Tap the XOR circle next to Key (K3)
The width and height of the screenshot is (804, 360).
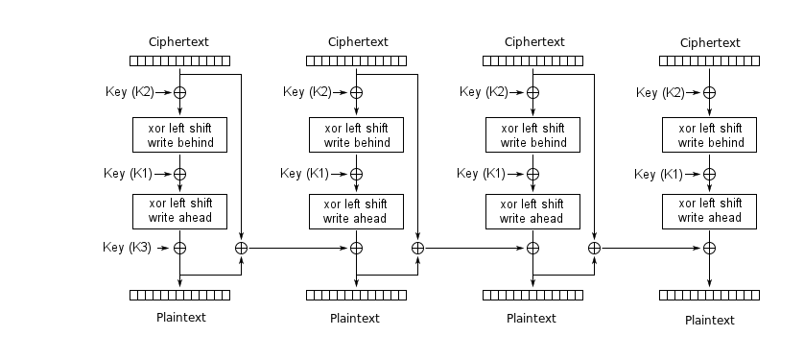point(179,247)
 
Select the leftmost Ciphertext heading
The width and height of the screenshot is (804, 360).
point(178,42)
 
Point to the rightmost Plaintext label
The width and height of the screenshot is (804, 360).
point(709,321)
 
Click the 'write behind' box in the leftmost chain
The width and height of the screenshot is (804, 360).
point(179,135)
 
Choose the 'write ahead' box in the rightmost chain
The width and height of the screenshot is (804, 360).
point(709,210)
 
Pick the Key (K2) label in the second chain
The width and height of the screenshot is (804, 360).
point(306,92)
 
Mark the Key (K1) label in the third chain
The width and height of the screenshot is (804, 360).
point(481,174)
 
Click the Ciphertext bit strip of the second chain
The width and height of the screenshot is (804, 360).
point(356,61)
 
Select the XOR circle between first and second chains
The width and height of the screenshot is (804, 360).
point(241,248)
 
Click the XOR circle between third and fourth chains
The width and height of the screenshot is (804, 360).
point(594,248)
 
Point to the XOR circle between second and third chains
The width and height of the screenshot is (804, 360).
point(417,248)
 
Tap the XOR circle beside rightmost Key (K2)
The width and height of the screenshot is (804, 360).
point(709,93)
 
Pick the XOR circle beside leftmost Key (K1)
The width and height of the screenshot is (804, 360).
point(179,174)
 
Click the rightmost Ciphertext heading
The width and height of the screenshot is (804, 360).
point(709,43)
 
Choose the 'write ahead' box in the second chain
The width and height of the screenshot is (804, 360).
point(356,210)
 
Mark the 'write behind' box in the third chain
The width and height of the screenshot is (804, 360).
point(532,135)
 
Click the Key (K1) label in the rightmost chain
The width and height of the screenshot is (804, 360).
point(658,175)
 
